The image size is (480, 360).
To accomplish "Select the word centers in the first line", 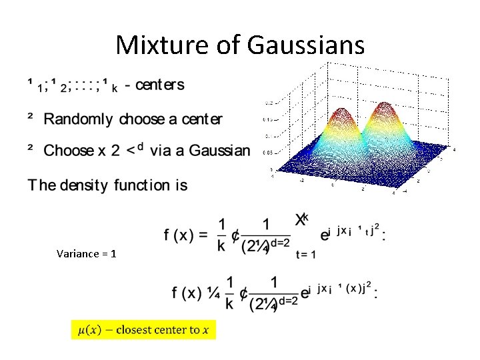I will pyautogui.click(x=159, y=85).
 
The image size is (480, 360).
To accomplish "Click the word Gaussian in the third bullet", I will pyautogui.click(x=219, y=150).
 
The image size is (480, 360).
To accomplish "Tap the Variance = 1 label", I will pyautogui.click(x=87, y=253).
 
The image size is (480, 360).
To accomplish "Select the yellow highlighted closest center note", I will pyautogui.click(x=143, y=330).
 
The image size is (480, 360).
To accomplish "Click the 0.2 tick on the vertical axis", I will pyautogui.click(x=268, y=103).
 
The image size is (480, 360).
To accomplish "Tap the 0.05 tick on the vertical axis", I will pyautogui.click(x=268, y=152).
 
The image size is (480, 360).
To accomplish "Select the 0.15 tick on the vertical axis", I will pyautogui.click(x=268, y=119).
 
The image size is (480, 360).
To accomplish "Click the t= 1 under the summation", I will pyautogui.click(x=305, y=255).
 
